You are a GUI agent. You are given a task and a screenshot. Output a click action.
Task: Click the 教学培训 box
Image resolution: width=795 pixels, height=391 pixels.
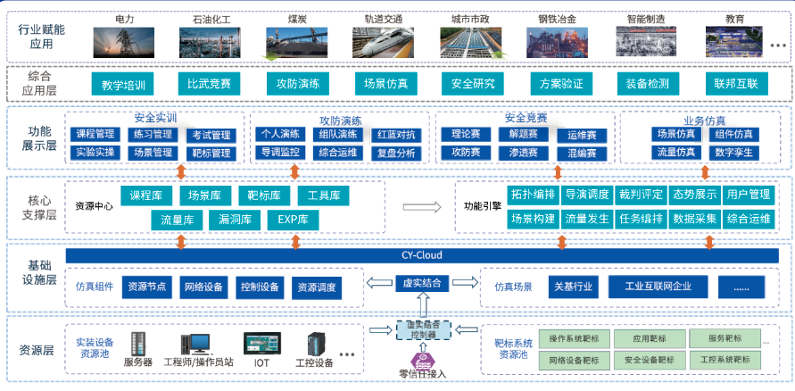tap(123, 85)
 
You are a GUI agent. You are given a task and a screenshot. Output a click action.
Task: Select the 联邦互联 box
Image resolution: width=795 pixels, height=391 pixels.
tap(735, 85)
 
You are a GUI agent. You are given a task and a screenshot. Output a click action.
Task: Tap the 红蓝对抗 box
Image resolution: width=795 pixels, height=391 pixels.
tap(396, 135)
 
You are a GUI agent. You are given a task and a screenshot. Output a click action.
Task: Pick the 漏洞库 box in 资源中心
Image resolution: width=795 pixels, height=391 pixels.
tap(236, 219)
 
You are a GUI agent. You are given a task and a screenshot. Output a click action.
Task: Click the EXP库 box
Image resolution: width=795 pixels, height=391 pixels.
tap(293, 219)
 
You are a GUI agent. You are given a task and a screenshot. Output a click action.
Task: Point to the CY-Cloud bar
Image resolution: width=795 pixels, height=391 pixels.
tap(422, 256)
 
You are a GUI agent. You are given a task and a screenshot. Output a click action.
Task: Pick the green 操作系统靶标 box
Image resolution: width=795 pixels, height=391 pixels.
tap(580, 339)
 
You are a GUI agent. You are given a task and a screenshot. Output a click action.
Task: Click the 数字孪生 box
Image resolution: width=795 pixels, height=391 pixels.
tap(733, 153)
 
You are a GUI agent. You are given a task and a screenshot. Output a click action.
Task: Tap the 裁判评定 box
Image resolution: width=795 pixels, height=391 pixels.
tap(641, 195)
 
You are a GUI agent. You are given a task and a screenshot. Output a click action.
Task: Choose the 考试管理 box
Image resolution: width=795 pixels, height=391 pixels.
tap(211, 135)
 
